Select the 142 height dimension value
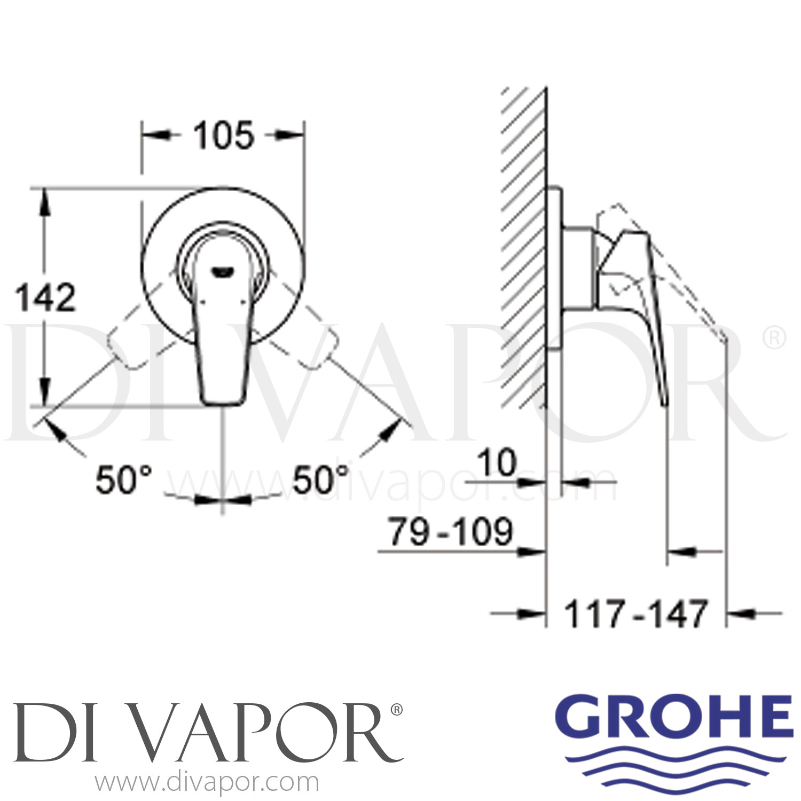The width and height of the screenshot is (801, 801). pos(46,297)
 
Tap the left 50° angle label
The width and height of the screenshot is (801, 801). pos(124,480)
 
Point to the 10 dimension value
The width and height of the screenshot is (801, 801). pos(497,462)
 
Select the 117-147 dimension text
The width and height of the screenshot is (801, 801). pos(635,615)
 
